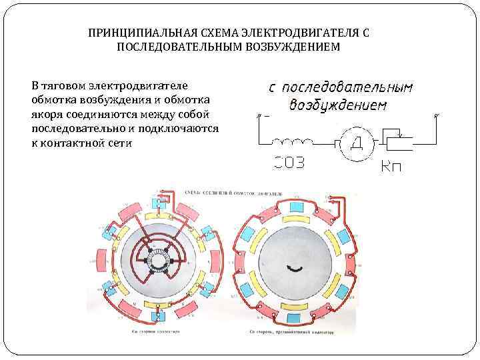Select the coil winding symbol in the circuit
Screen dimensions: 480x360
[295, 142]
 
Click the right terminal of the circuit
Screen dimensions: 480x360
[436, 116]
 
